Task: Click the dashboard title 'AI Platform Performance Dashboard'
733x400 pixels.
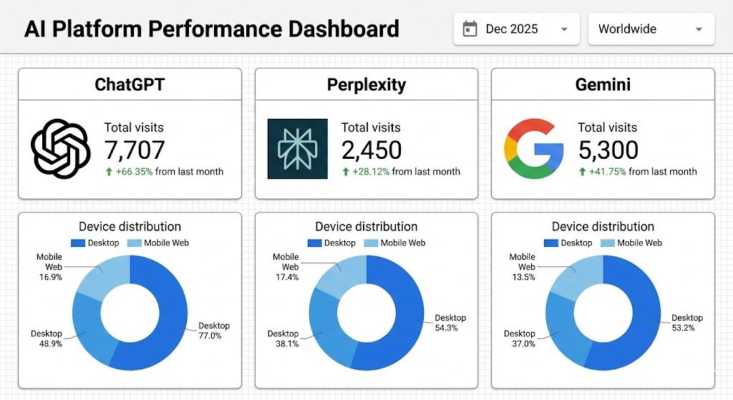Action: pyautogui.click(x=211, y=29)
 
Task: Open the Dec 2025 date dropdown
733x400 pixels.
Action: pyautogui.click(x=516, y=29)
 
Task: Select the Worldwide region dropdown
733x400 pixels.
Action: pyautogui.click(x=651, y=29)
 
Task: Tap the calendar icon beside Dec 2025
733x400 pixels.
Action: pyautogui.click(x=470, y=29)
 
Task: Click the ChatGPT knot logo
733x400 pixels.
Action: pyautogui.click(x=60, y=148)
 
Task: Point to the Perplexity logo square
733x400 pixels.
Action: pyautogui.click(x=297, y=148)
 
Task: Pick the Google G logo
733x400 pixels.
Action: pyautogui.click(x=534, y=148)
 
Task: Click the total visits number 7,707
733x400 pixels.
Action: pyautogui.click(x=135, y=150)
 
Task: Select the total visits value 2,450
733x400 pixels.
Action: pyautogui.click(x=371, y=150)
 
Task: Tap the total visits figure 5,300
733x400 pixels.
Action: pyautogui.click(x=608, y=150)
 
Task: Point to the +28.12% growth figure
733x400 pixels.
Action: pyautogui.click(x=372, y=172)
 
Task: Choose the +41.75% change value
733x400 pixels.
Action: pyautogui.click(x=608, y=172)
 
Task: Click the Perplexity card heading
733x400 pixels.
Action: pyautogui.click(x=366, y=85)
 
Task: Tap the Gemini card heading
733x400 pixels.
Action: pyautogui.click(x=603, y=85)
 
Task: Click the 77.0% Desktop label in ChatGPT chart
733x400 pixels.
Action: pyautogui.click(x=215, y=331)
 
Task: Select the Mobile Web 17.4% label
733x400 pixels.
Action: pyautogui.click(x=286, y=267)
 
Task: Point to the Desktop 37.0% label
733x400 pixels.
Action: pyautogui.click(x=520, y=338)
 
